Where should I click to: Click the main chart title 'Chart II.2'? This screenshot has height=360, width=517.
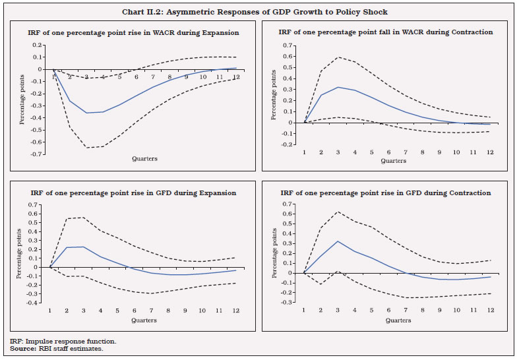(258, 12)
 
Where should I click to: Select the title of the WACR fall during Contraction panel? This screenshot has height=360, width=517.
(386, 32)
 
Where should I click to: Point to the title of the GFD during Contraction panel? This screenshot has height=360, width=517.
(386, 193)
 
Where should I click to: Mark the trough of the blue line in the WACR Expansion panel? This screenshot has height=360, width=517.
(86, 113)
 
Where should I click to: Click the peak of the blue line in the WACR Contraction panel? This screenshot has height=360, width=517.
(338, 87)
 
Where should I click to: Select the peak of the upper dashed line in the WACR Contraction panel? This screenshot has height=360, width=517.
(338, 57)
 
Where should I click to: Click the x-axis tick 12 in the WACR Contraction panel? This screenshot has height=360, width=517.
(489, 152)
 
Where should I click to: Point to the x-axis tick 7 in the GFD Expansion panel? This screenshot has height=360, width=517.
(151, 311)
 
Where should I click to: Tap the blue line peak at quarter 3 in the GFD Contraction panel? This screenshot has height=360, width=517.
(338, 241)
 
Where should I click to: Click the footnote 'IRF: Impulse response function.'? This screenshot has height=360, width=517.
(63, 341)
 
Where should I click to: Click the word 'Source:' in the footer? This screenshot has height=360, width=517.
(23, 348)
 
